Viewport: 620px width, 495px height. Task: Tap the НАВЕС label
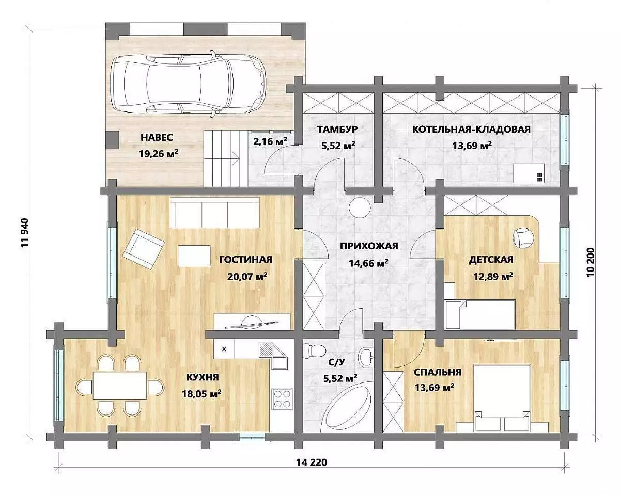157,138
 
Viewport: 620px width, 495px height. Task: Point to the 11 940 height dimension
25,233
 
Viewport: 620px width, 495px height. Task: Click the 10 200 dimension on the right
591,262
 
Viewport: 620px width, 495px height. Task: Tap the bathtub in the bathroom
346,408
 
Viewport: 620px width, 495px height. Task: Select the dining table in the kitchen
119,385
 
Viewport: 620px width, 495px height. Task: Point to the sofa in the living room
215,212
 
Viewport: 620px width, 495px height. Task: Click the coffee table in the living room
194,256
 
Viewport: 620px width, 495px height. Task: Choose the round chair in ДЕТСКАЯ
524,237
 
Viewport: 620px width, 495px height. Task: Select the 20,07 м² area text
247,276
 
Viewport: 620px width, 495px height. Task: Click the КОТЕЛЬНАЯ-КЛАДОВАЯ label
471,129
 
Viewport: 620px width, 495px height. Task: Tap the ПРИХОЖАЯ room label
369,246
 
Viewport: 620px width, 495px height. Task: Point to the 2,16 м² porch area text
270,141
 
